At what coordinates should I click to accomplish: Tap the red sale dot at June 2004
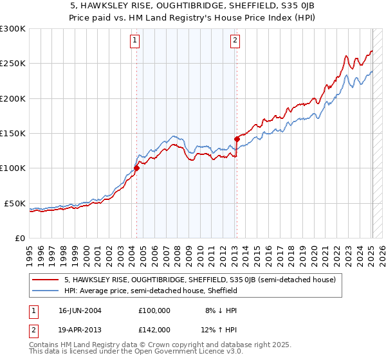coord(136,168)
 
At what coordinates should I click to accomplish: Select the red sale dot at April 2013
coord(237,139)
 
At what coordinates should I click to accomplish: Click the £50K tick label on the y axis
coord(15,203)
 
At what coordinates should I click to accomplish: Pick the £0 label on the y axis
coord(20,238)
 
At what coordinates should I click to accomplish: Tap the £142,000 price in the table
coord(154,330)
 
